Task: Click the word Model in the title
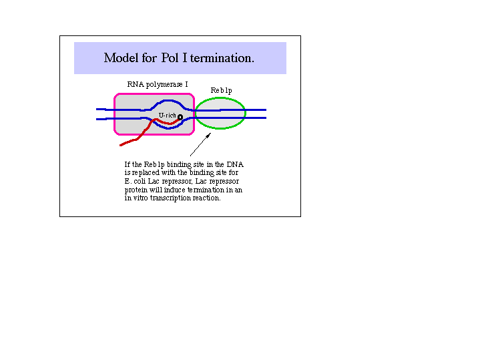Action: point(121,57)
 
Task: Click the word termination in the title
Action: point(222,58)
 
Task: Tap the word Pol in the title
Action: point(170,57)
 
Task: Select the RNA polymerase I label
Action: point(158,84)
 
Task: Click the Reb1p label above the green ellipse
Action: point(222,90)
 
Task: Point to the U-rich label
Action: point(167,115)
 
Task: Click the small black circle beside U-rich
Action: point(180,117)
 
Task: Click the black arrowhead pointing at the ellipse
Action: point(208,136)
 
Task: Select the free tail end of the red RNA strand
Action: point(121,145)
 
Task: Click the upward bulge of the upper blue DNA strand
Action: point(168,100)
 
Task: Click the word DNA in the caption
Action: point(235,164)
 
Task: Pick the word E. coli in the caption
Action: point(135,181)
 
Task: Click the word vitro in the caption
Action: point(140,198)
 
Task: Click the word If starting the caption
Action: point(127,164)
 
